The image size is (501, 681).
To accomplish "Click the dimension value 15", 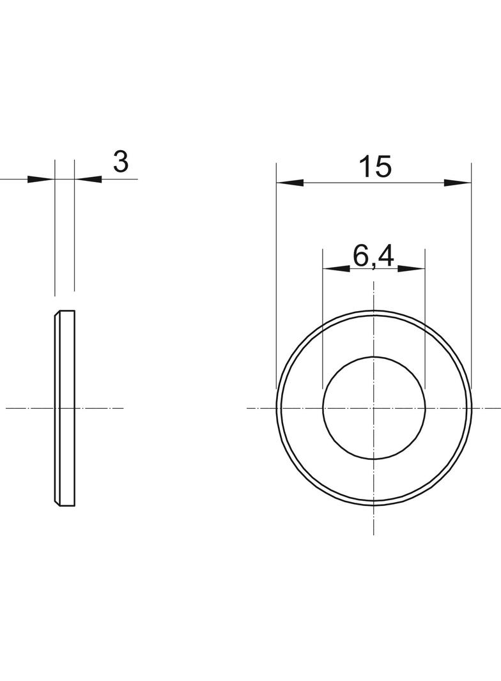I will click(374, 167).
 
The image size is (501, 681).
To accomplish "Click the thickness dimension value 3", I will click(120, 162).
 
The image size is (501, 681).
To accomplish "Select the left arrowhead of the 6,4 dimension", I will click(336, 269).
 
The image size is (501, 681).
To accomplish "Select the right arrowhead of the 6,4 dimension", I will click(412, 269).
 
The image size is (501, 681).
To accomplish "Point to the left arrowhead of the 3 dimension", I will click(41, 179).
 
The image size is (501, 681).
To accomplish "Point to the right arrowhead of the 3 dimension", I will click(88, 179).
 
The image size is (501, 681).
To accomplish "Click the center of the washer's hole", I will click(374, 407).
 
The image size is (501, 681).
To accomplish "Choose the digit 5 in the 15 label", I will click(382, 167).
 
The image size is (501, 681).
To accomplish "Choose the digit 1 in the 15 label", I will click(365, 167).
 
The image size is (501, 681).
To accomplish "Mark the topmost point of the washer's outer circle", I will click(374, 310).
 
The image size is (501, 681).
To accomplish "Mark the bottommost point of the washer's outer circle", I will click(374, 505).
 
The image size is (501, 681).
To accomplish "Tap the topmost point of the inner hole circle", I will click(374, 356).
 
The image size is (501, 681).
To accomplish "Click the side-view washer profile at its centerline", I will click(65, 407).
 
